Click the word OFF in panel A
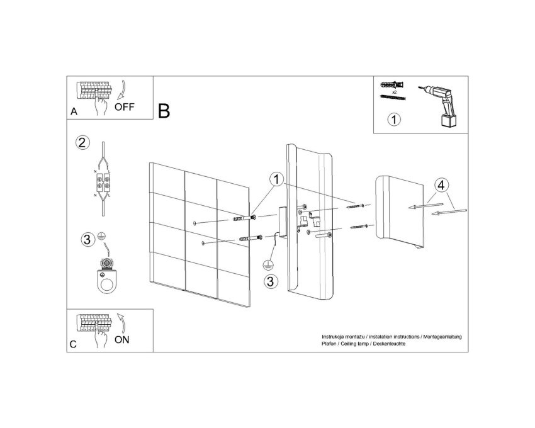click(x=124, y=107)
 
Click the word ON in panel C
click(x=122, y=340)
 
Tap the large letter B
click(x=164, y=111)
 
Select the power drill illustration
click(x=439, y=105)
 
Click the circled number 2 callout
click(x=82, y=143)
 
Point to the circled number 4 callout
click(x=441, y=186)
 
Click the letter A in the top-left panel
click(x=74, y=111)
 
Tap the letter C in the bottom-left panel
click(x=73, y=344)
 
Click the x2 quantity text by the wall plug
click(x=395, y=93)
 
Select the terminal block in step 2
click(x=103, y=181)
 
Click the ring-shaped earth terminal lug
click(x=107, y=281)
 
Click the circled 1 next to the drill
click(x=395, y=120)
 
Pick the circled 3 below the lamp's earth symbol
click(x=271, y=281)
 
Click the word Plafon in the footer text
click(x=329, y=344)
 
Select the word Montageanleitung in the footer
click(x=442, y=337)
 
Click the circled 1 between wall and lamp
click(x=276, y=179)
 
